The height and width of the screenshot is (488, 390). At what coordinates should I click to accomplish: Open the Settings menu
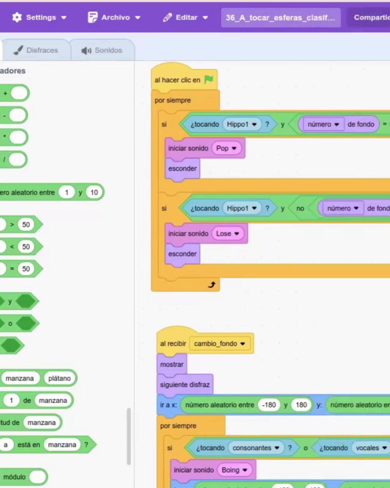tap(39, 17)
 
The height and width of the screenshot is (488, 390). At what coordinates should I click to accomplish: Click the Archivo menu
tap(114, 17)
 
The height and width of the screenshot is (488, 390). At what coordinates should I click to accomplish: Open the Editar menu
tap(185, 17)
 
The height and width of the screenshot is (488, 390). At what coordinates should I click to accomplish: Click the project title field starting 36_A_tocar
tap(281, 17)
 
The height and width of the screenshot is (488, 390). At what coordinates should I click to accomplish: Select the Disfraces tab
tap(36, 50)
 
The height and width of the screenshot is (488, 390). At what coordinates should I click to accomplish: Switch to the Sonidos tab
tap(102, 50)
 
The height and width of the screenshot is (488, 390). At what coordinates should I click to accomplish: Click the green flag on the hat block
tap(209, 80)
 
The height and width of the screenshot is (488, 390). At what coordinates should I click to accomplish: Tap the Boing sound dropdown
tap(234, 470)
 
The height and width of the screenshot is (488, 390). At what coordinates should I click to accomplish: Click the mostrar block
tap(172, 364)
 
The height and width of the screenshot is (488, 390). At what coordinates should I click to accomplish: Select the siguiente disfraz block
tap(185, 385)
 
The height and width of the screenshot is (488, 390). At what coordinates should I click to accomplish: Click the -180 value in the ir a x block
tap(269, 405)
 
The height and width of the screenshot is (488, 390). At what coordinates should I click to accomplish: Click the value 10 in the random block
tap(94, 192)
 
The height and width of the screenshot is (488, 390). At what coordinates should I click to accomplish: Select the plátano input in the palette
tap(60, 378)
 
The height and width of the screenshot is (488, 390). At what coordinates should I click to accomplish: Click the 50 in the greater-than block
tap(26, 224)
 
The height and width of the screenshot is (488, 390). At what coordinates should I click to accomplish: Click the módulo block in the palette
tap(14, 477)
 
